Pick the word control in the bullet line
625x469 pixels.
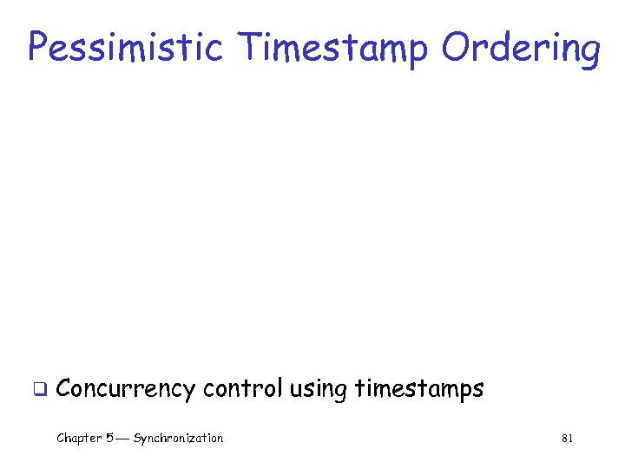(x=242, y=388)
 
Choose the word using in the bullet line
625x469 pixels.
(x=319, y=390)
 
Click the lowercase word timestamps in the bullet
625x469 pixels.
(x=419, y=390)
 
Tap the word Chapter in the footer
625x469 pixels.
(x=79, y=439)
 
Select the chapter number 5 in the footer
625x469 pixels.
(x=109, y=439)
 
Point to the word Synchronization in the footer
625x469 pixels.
(x=178, y=439)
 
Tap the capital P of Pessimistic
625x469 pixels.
(x=38, y=47)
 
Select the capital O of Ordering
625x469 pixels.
(x=455, y=47)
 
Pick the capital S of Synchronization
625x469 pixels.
(x=137, y=439)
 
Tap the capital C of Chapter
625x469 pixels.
(x=61, y=439)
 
